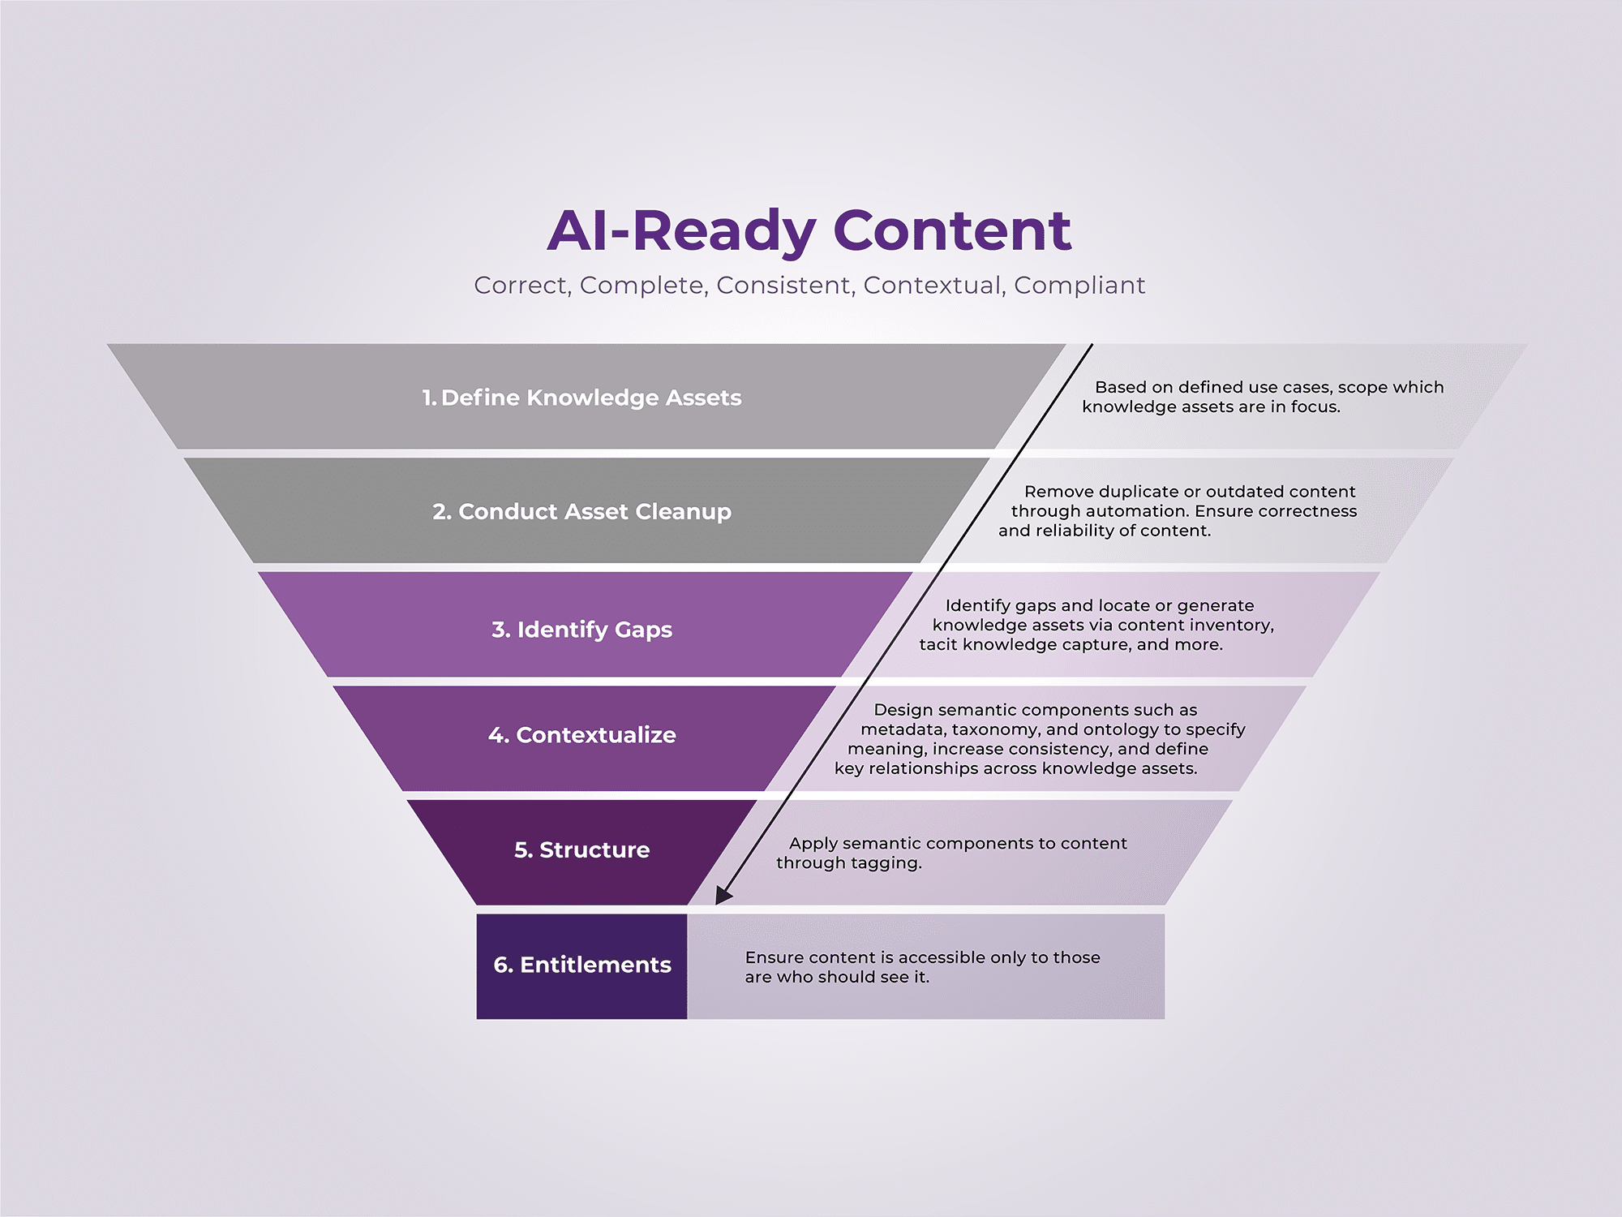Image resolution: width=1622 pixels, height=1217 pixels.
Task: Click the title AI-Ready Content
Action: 809,231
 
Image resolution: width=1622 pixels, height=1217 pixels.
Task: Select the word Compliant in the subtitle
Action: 1079,286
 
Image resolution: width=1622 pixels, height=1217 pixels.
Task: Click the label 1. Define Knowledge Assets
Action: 581,398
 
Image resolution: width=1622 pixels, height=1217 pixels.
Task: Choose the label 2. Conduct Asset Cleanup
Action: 581,512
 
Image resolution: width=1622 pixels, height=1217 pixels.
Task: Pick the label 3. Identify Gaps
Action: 581,630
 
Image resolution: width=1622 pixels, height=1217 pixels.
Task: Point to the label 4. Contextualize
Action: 581,735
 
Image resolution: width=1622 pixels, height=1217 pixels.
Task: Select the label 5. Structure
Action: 581,849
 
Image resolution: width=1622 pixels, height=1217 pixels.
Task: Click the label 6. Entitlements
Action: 582,965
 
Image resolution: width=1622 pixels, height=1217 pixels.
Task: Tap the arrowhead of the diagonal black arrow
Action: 723,894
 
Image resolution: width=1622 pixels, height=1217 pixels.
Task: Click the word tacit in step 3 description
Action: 938,645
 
